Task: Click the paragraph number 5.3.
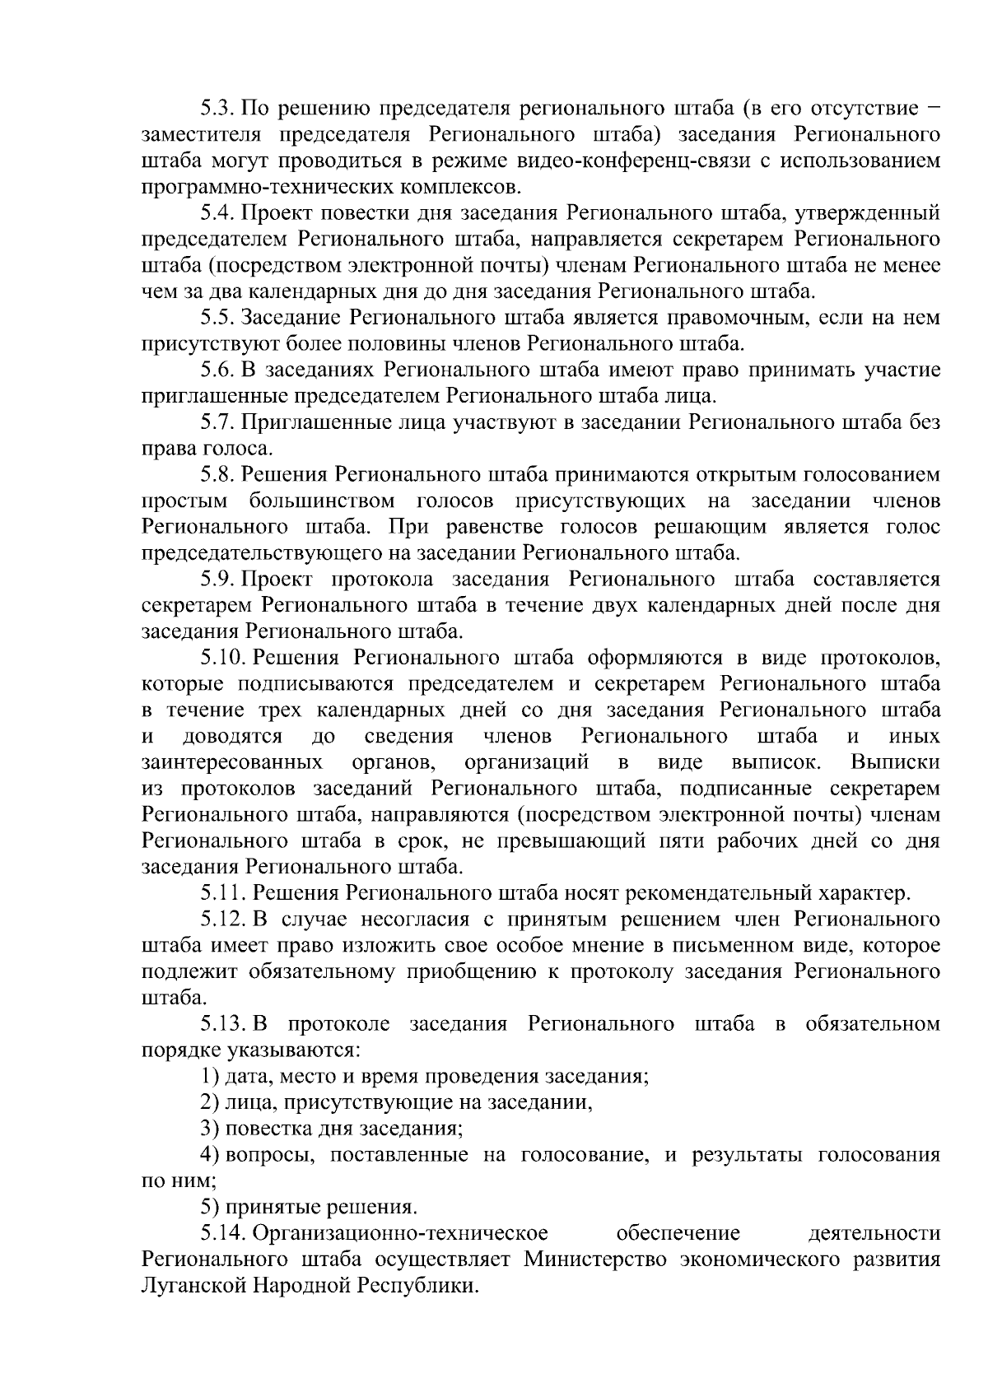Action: point(219,108)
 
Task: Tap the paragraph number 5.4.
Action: point(219,213)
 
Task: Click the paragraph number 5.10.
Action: point(223,659)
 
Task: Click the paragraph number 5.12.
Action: point(223,920)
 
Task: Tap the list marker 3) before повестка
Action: point(210,1129)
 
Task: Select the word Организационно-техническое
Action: point(400,1234)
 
